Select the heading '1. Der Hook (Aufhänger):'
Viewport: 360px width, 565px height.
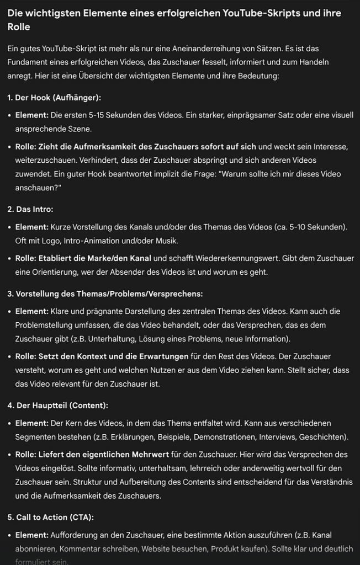point(54,98)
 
